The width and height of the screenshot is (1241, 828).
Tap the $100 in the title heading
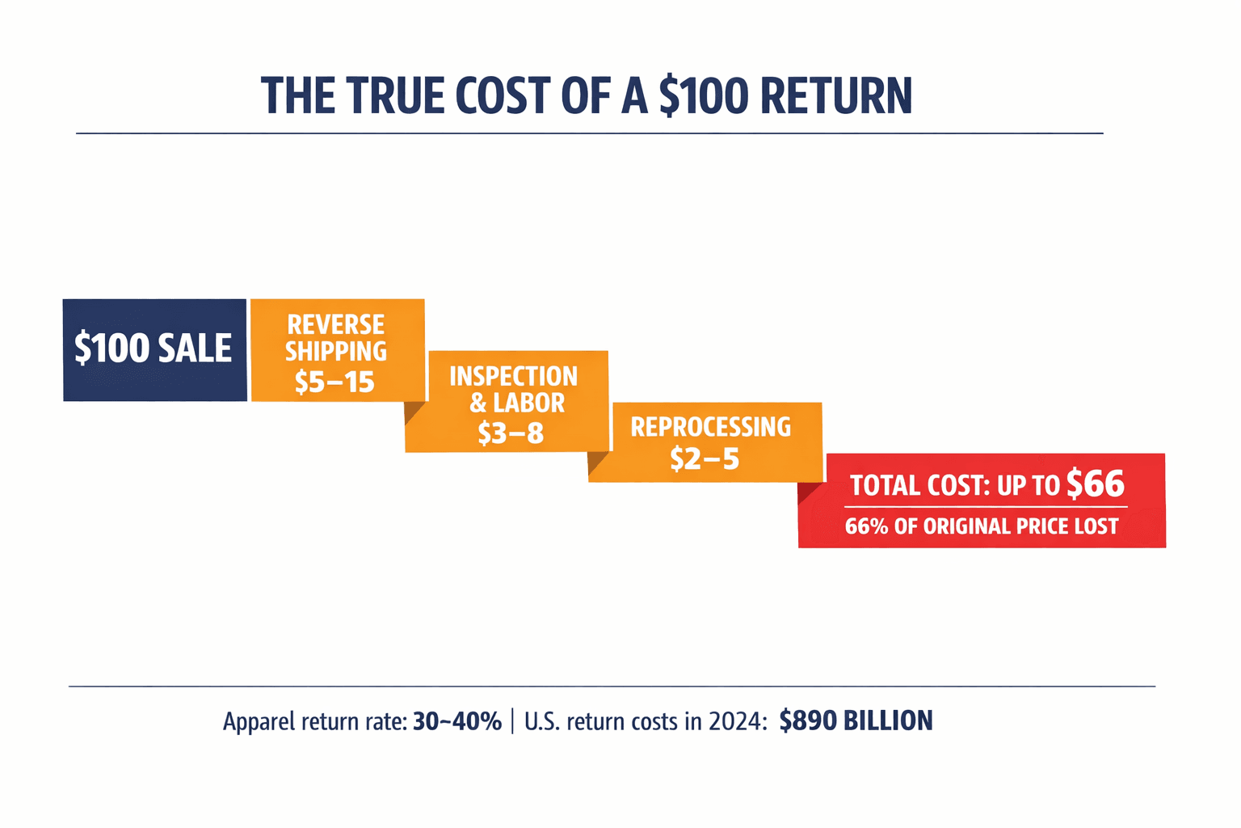tap(704, 96)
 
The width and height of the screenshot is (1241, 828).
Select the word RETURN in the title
tap(835, 96)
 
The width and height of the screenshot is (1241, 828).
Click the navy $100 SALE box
tap(154, 349)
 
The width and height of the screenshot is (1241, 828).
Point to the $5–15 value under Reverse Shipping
tap(334, 382)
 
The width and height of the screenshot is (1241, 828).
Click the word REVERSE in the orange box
tap(336, 325)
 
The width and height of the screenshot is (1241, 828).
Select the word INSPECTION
tap(513, 376)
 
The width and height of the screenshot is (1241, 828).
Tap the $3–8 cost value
tap(511, 433)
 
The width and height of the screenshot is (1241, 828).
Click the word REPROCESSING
tap(710, 427)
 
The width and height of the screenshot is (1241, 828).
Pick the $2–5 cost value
tap(705, 458)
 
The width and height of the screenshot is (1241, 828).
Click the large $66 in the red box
tap(1095, 484)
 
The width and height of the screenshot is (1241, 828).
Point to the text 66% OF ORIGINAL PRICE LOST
tap(982, 526)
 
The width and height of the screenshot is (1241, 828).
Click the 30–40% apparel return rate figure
tap(457, 720)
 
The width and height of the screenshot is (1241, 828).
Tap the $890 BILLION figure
tap(856, 720)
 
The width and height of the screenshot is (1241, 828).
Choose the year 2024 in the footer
tap(737, 720)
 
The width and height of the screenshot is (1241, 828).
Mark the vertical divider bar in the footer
tap(513, 720)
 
